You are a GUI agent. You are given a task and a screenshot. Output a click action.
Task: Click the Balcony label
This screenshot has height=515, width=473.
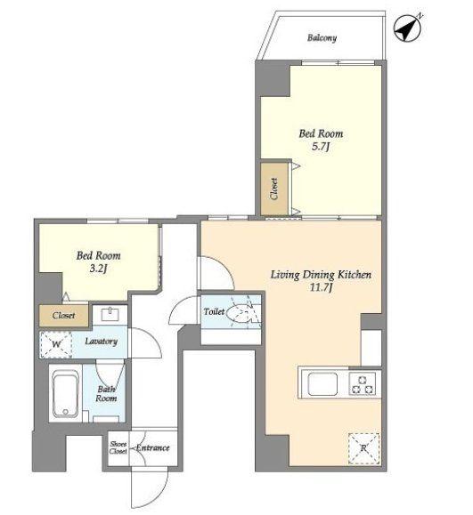pyautogui.click(x=322, y=38)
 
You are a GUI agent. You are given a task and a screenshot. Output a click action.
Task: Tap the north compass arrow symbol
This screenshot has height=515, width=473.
pyautogui.click(x=408, y=28)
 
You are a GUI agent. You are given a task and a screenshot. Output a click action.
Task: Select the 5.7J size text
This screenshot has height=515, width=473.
pyautogui.click(x=321, y=147)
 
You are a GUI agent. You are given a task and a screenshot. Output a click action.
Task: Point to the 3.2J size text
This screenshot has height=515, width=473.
pyautogui.click(x=98, y=269)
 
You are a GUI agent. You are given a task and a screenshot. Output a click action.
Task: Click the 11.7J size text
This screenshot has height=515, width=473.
pyautogui.click(x=321, y=287)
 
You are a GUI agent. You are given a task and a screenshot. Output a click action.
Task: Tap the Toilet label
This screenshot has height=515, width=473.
pyautogui.click(x=214, y=311)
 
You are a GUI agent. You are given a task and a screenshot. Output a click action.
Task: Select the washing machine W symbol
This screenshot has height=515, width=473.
pyautogui.click(x=56, y=344)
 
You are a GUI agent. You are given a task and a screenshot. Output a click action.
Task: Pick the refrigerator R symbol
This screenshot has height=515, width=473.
pyautogui.click(x=363, y=448)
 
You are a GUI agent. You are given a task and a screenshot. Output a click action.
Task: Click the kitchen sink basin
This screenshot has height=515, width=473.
pyautogui.click(x=322, y=384)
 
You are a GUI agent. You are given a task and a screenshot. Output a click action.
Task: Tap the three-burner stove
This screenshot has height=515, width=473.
pyautogui.click(x=363, y=384)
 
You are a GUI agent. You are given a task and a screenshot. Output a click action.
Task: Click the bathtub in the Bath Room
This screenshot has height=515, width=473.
pyautogui.click(x=65, y=393)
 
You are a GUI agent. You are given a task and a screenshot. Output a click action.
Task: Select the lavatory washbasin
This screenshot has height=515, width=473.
pyautogui.click(x=110, y=314)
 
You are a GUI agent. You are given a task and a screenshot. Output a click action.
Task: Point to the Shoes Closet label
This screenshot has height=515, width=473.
pyautogui.click(x=118, y=447)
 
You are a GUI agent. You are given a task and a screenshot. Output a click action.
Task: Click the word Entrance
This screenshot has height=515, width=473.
pyautogui.click(x=153, y=447)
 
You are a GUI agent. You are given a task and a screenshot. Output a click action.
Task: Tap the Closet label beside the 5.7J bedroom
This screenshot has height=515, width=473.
pyautogui.click(x=274, y=189)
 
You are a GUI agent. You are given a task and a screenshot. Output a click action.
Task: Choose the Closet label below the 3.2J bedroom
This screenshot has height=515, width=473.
pyautogui.click(x=63, y=316)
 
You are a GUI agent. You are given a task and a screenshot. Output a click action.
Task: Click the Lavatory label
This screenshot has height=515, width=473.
pyautogui.click(x=101, y=342)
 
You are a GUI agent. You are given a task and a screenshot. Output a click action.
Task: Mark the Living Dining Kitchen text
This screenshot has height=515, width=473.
pyautogui.click(x=321, y=275)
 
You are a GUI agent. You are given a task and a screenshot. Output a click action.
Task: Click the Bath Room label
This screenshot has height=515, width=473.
pyautogui.click(x=106, y=394)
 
